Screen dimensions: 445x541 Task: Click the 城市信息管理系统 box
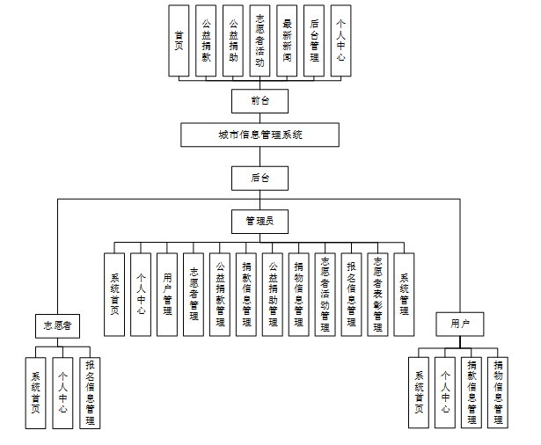(260, 135)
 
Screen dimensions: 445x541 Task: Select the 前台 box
(260, 101)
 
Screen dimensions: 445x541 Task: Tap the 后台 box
(260, 178)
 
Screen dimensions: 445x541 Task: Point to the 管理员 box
(260, 220)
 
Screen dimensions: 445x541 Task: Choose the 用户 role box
(460, 325)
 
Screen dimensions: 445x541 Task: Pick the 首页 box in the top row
(179, 40)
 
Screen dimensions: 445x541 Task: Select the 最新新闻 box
(287, 40)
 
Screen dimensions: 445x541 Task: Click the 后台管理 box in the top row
(314, 40)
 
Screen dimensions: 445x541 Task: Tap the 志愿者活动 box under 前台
(260, 40)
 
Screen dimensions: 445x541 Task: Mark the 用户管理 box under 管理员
(167, 294)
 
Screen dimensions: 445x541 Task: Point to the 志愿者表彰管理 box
(377, 294)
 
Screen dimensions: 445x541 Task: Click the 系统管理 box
(404, 294)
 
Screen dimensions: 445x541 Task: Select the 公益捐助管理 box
(273, 294)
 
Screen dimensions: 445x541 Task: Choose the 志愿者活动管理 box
(325, 294)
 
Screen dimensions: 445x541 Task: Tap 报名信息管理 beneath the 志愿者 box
(90, 392)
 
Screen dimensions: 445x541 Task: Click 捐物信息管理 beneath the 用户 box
(499, 392)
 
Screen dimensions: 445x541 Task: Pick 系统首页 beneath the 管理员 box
(114, 294)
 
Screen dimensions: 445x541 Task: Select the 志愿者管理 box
(194, 294)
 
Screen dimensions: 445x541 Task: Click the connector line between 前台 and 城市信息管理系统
(260, 118)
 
